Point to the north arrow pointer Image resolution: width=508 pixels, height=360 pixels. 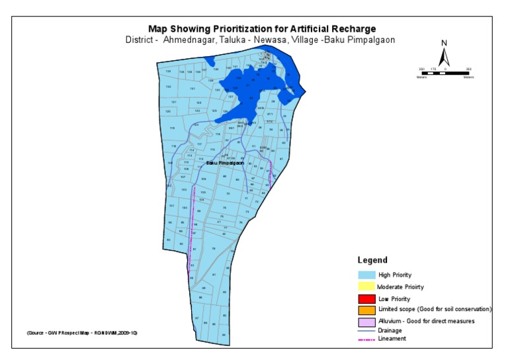tap(444, 57)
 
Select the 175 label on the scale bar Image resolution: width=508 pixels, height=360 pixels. tap(433, 69)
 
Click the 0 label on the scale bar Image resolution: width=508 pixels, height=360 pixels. tap(445, 69)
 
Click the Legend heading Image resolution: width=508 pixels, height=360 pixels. tap(372, 260)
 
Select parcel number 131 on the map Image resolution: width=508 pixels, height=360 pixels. tap(192, 88)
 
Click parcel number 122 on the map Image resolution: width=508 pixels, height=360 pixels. tap(198, 103)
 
